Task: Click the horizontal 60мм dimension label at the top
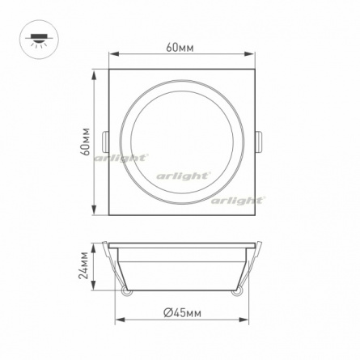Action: coord(180,48)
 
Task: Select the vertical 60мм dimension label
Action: coord(86,142)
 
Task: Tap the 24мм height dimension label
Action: coord(83,265)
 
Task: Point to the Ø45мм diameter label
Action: coord(183,313)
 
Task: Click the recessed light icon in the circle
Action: coord(39,40)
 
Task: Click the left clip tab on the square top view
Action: coord(105,142)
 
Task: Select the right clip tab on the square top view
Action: coord(259,142)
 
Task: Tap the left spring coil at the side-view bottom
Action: coord(126,291)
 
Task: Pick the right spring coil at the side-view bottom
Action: coord(236,291)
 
